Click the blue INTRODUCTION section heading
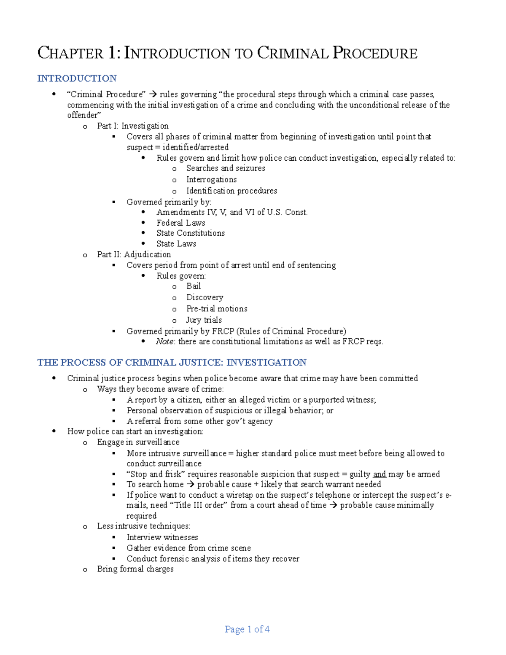[x=77, y=78]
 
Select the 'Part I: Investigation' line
[x=132, y=126]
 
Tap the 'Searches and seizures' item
[x=226, y=168]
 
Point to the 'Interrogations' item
[x=211, y=179]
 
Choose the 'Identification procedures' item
[x=231, y=191]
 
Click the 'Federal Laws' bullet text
[x=180, y=223]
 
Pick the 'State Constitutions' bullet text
[x=190, y=233]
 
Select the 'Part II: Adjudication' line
[x=134, y=254]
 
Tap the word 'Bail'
[x=194, y=286]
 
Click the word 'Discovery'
[x=205, y=297]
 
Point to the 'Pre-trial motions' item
[x=217, y=309]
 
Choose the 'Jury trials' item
[x=204, y=320]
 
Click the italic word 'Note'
[x=164, y=342]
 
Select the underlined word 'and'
[x=379, y=474]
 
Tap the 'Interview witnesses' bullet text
[x=162, y=537]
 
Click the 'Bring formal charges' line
[x=135, y=569]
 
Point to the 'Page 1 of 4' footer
[x=247, y=629]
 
